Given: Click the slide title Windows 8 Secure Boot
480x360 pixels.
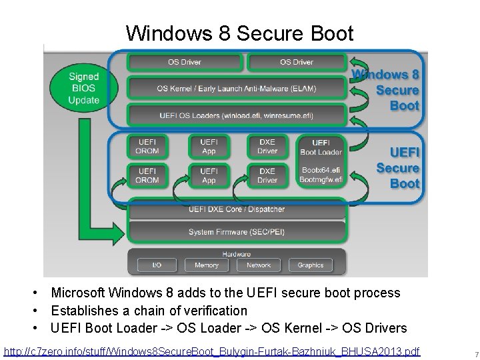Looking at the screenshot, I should tap(239, 33).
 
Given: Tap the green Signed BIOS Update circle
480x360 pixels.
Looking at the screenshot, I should tap(83, 88).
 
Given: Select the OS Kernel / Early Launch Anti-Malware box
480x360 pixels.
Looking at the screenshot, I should tap(237, 88).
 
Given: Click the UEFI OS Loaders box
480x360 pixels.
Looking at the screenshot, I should tap(237, 115).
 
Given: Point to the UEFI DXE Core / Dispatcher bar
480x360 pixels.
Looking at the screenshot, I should tap(237, 209).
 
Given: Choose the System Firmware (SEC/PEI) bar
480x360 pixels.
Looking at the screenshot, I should tap(237, 232).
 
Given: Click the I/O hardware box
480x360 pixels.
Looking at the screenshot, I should tap(157, 265).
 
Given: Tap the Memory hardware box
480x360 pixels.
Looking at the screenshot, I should tap(207, 265).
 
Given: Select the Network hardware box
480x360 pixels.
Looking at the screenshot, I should tap(259, 265).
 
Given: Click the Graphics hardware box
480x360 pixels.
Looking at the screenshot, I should tap(311, 265).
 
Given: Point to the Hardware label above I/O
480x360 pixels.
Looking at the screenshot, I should tap(237, 254).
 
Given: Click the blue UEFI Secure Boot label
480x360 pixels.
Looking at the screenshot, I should tap(397, 168).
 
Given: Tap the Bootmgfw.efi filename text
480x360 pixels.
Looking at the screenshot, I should tap(321, 179).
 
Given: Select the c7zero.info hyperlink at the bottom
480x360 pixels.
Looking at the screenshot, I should tap(212, 351).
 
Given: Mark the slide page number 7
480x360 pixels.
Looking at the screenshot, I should tap(468, 353).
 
